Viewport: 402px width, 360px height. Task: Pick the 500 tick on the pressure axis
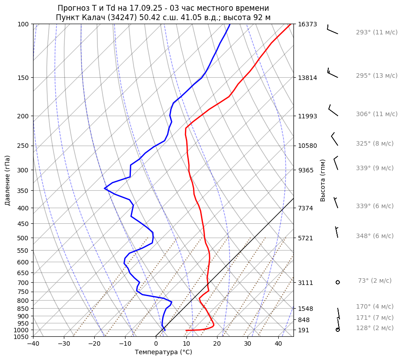[x=24, y=238]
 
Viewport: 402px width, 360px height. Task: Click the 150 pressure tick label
[x=24, y=78]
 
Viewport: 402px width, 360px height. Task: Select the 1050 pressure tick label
[x=22, y=337]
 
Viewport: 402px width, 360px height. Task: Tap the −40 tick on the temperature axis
[x=33, y=344]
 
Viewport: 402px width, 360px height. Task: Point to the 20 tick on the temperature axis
[x=217, y=344]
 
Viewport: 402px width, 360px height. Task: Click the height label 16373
[x=307, y=24]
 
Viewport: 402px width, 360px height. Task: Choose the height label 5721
[x=306, y=238]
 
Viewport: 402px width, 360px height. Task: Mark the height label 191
[x=304, y=330]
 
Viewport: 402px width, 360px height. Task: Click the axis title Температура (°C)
[x=163, y=352]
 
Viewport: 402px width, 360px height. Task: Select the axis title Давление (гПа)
[x=8, y=180]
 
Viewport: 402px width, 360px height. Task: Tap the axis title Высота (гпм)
[x=323, y=180]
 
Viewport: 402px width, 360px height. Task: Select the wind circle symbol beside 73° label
[x=338, y=282]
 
